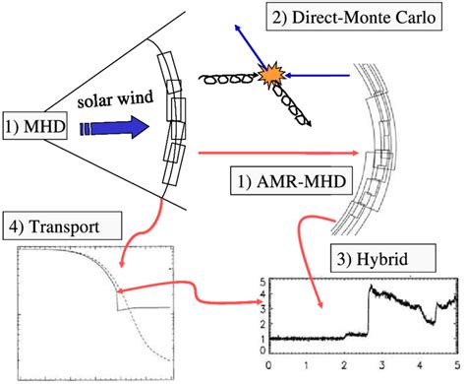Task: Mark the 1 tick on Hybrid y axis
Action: [259, 338]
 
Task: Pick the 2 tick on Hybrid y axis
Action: [259, 324]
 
